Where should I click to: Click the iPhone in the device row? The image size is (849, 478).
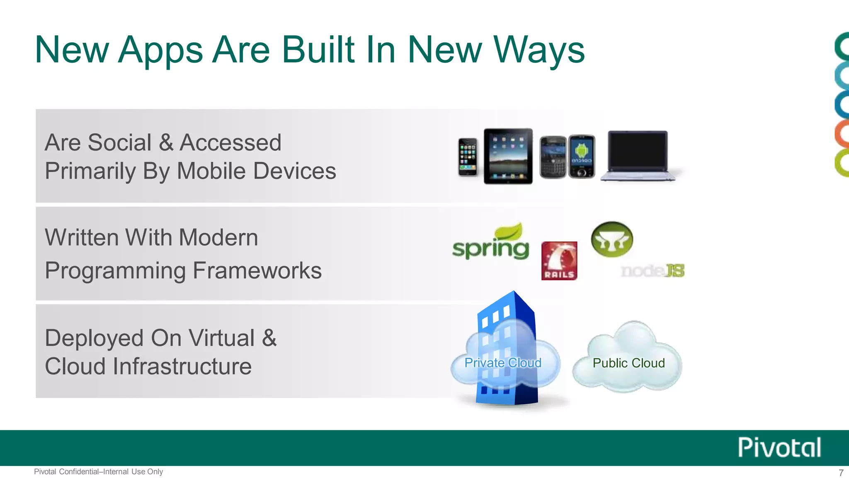point(468,157)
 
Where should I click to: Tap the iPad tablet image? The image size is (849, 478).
point(508,156)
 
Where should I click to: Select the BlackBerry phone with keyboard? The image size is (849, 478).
point(553,157)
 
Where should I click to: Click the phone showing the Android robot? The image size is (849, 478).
point(582,156)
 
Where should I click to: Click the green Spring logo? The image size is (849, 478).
point(490,243)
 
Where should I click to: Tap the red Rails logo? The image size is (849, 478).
point(559,261)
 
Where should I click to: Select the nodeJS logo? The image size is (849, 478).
point(653,271)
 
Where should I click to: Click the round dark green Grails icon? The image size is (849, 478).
point(612,239)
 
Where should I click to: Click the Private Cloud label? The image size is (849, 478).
point(503,363)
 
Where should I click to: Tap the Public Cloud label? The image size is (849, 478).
point(628,363)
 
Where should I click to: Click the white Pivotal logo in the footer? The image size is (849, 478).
point(779,447)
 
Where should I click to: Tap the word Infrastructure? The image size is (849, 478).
point(182,366)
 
